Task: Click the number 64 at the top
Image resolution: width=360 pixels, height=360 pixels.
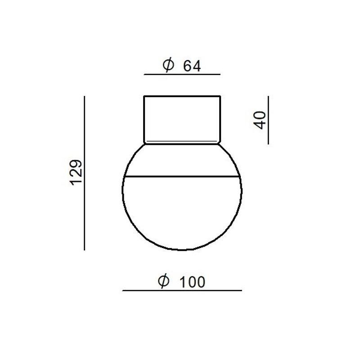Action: point(192,66)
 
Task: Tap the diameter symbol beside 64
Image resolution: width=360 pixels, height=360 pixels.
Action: point(168,65)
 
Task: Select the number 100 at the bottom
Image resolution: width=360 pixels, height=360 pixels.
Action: point(193,282)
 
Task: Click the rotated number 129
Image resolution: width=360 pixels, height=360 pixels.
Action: point(76,172)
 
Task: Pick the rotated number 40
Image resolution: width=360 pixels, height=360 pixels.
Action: point(260,120)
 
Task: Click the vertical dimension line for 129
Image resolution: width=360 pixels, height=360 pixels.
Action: point(85,173)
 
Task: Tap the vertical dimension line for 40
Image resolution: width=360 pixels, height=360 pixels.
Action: point(268,120)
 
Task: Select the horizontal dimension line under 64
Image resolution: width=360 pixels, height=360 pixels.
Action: point(182,74)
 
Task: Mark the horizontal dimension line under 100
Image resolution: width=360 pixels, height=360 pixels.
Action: point(182,290)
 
